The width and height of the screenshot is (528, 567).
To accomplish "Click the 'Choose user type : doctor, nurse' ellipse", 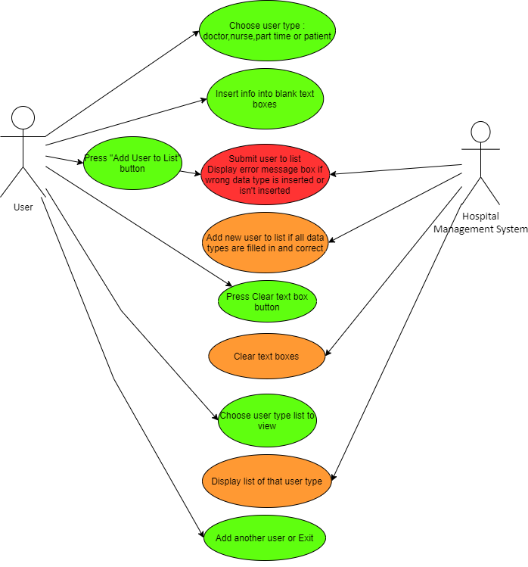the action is pyautogui.click(x=268, y=31).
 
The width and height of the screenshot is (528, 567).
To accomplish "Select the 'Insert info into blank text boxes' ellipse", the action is pyautogui.click(x=266, y=98).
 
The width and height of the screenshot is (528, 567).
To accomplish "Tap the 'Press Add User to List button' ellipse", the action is pyautogui.click(x=132, y=163).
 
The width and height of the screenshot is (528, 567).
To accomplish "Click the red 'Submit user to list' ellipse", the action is pyautogui.click(x=266, y=174).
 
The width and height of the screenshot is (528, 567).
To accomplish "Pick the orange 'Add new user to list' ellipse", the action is pyautogui.click(x=266, y=243).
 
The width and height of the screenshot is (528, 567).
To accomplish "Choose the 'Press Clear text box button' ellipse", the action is pyautogui.click(x=267, y=301).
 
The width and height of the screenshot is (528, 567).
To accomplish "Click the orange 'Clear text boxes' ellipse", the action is pyautogui.click(x=267, y=357).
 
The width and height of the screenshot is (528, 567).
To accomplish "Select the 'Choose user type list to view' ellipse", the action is pyautogui.click(x=267, y=421).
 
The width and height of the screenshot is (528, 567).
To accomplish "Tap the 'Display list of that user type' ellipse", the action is pyautogui.click(x=267, y=481).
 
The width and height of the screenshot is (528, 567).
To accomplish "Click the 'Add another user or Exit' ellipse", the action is pyautogui.click(x=265, y=538).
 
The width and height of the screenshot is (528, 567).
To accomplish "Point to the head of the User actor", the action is pyautogui.click(x=23, y=118).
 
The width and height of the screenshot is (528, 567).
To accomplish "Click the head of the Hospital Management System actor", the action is pyautogui.click(x=480, y=132).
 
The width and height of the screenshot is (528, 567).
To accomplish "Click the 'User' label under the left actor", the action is pyautogui.click(x=23, y=207).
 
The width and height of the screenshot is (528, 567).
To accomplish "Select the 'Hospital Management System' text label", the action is pyautogui.click(x=480, y=223).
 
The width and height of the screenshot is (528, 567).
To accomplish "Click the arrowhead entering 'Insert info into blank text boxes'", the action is pyautogui.click(x=203, y=100).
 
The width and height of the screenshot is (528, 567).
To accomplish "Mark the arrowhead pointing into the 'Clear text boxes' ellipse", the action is pyautogui.click(x=328, y=353).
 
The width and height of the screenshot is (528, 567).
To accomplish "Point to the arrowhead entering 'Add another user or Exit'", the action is pyautogui.click(x=202, y=534).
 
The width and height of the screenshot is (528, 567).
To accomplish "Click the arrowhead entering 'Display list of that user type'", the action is pyautogui.click(x=333, y=477).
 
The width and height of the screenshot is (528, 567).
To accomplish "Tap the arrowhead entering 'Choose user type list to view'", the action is pyautogui.click(x=216, y=416).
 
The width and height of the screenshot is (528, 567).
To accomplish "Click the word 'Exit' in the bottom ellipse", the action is pyautogui.click(x=306, y=538).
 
